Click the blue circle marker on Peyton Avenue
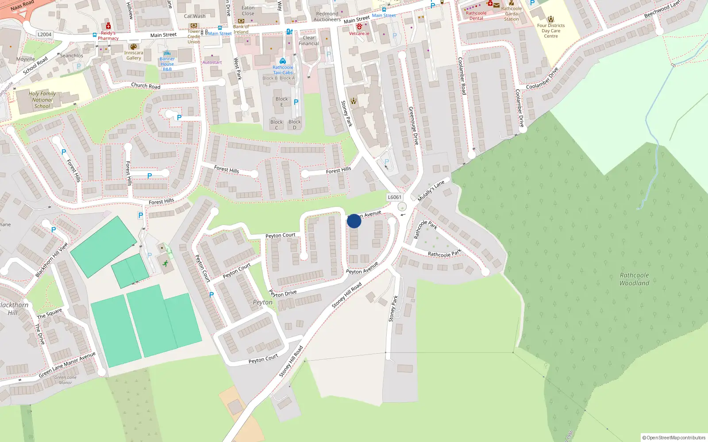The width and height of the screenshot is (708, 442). (x=354, y=221)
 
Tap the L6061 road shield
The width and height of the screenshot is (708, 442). (x=394, y=198)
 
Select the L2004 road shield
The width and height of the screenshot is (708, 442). (x=45, y=34)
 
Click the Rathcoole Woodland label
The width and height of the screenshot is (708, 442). (x=634, y=279)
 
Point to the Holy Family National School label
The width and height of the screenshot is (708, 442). (x=42, y=100)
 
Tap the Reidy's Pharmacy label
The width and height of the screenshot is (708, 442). (x=108, y=36)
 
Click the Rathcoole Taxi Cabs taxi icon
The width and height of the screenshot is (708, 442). (x=283, y=61)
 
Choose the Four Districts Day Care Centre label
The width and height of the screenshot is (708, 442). (x=551, y=31)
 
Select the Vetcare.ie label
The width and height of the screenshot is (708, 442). (x=359, y=34)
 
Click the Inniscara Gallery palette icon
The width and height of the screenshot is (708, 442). (x=134, y=47)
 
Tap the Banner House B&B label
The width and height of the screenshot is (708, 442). (x=167, y=64)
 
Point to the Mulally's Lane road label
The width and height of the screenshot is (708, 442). (x=431, y=191)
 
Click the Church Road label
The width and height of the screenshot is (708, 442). (x=146, y=86)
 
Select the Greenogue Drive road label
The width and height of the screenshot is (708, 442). (x=413, y=126)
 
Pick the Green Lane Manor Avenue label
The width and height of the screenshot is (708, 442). (x=67, y=365)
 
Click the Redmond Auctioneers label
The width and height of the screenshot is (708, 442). (x=327, y=17)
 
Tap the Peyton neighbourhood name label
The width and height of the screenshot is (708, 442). (x=262, y=302)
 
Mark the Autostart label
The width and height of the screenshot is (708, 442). (x=212, y=62)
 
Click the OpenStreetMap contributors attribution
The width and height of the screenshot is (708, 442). (x=673, y=438)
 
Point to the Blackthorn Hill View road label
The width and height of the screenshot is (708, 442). (x=52, y=260)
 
